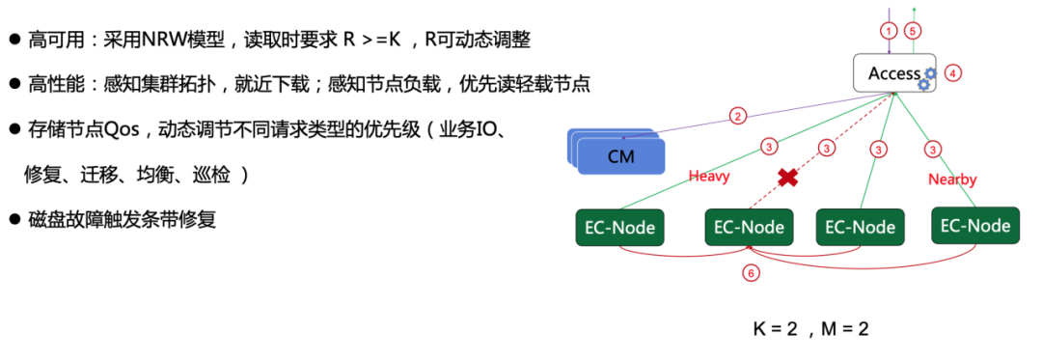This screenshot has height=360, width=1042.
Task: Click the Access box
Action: point(894,73)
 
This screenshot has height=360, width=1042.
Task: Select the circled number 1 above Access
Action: point(889,30)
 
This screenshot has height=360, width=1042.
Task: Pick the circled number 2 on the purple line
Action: point(737,117)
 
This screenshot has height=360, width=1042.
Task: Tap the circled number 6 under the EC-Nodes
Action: point(751,273)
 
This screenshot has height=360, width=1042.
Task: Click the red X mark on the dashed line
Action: point(788,178)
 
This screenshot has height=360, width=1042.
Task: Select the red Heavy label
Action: point(709,177)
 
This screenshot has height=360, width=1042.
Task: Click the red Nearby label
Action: point(952,180)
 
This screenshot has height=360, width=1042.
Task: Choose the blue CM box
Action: point(622,155)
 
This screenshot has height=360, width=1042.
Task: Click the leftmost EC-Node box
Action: point(619,228)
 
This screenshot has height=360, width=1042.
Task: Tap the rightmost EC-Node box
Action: point(975,226)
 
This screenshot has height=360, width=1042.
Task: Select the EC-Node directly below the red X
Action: point(750,228)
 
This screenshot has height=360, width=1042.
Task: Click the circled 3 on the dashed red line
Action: point(826,148)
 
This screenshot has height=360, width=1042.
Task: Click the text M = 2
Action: point(845,328)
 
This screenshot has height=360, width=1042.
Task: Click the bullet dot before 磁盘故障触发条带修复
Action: point(14,220)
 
